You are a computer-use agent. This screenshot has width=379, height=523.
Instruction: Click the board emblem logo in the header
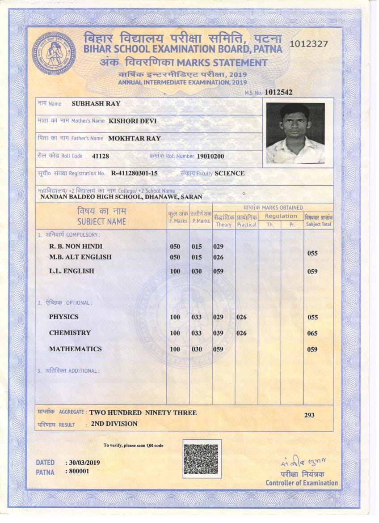click(54, 53)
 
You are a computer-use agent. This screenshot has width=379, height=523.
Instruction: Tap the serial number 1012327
click(309, 44)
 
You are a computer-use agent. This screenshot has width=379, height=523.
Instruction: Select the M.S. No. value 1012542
click(278, 92)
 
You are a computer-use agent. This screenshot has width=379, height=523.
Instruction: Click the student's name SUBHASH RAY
click(96, 103)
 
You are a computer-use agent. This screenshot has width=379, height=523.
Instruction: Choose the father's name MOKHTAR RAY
click(134, 138)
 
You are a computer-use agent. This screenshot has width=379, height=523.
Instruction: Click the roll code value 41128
click(100, 156)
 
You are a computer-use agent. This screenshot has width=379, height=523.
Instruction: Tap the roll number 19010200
click(211, 156)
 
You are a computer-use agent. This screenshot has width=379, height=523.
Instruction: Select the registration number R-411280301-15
click(134, 173)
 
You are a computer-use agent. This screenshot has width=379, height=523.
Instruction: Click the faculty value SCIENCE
click(230, 173)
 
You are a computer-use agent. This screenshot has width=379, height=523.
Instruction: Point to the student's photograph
click(295, 133)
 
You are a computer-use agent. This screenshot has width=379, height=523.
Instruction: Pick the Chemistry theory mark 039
click(218, 333)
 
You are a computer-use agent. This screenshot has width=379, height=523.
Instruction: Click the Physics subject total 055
click(313, 317)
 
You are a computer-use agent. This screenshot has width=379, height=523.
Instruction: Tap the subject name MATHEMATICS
click(76, 349)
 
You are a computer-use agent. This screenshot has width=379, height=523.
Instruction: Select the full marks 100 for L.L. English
click(175, 271)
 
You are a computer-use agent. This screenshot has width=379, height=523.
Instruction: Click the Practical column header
click(247, 225)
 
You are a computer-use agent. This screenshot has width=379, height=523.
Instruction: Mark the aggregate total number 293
click(309, 415)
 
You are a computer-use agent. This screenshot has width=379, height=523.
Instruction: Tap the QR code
click(202, 459)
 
